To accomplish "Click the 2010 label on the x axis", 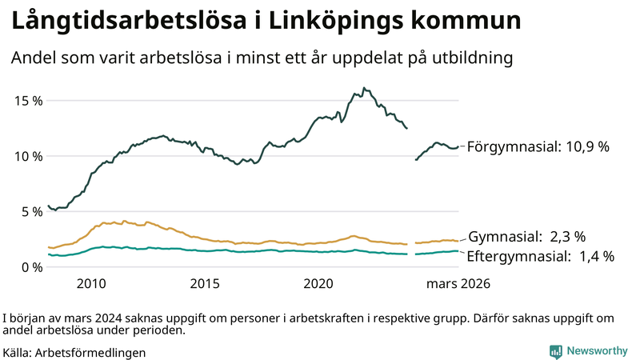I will pos(91,283).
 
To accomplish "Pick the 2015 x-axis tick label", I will pos(205,283).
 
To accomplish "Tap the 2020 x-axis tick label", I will pos(319,283).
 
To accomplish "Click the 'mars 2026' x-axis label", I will pos(458,283).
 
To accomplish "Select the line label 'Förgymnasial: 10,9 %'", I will pos(538,147).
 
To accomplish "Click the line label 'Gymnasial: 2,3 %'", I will pos(526,237).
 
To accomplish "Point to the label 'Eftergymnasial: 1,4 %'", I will pos(540,257).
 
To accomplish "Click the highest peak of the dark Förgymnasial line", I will pos(363,88).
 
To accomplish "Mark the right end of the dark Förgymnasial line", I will pos(458,147).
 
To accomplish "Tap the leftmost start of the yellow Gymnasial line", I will pos(49,247).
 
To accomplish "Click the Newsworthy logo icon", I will pos(555,351).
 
